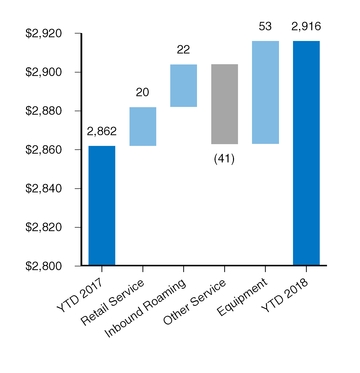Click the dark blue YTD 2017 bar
(x=101, y=206)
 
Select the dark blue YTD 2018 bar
(x=306, y=154)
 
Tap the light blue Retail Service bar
(x=142, y=126)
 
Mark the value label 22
(x=183, y=50)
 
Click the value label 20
(x=142, y=93)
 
